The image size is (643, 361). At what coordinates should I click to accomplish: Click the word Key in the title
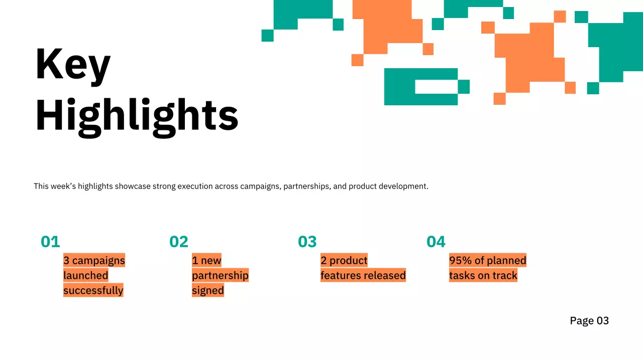[x=73, y=64]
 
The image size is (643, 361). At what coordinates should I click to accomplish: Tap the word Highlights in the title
[x=137, y=115]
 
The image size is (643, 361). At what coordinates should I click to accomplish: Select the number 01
[x=50, y=242]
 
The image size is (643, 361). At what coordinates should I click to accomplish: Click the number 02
[x=179, y=242]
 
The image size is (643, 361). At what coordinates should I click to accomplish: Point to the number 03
[x=307, y=242]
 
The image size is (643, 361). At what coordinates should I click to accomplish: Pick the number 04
[x=436, y=242]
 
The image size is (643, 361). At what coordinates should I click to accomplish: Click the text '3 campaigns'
[x=94, y=260]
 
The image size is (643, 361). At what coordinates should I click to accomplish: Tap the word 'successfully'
[x=93, y=290]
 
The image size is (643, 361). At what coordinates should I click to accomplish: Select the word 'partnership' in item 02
[x=220, y=275]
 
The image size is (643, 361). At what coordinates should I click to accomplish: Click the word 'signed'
[x=207, y=290]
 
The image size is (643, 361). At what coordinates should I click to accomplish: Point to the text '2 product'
[x=344, y=260]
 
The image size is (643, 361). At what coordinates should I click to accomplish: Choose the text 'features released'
[x=363, y=275]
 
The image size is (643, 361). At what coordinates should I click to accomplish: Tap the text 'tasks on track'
[x=483, y=275]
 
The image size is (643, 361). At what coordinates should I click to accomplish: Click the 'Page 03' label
[x=589, y=321]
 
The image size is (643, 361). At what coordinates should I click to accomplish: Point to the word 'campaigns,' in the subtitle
[x=260, y=187]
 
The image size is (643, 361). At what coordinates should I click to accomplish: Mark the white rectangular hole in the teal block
[x=436, y=87]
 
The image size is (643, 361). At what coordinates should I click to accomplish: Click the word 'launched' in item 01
[x=85, y=275]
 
